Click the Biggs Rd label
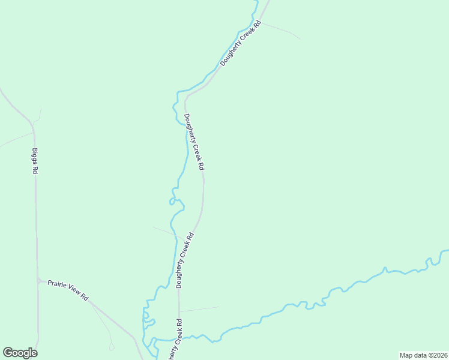tap(35, 161)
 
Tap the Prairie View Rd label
tap(68, 289)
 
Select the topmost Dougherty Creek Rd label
tap(241, 43)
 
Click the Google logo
tap(20, 353)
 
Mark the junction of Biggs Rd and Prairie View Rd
tap(38, 280)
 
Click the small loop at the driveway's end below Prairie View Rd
tap(111, 347)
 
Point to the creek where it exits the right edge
tap(445, 251)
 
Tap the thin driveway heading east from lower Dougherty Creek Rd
tap(199, 309)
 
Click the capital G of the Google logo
tap(7, 352)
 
